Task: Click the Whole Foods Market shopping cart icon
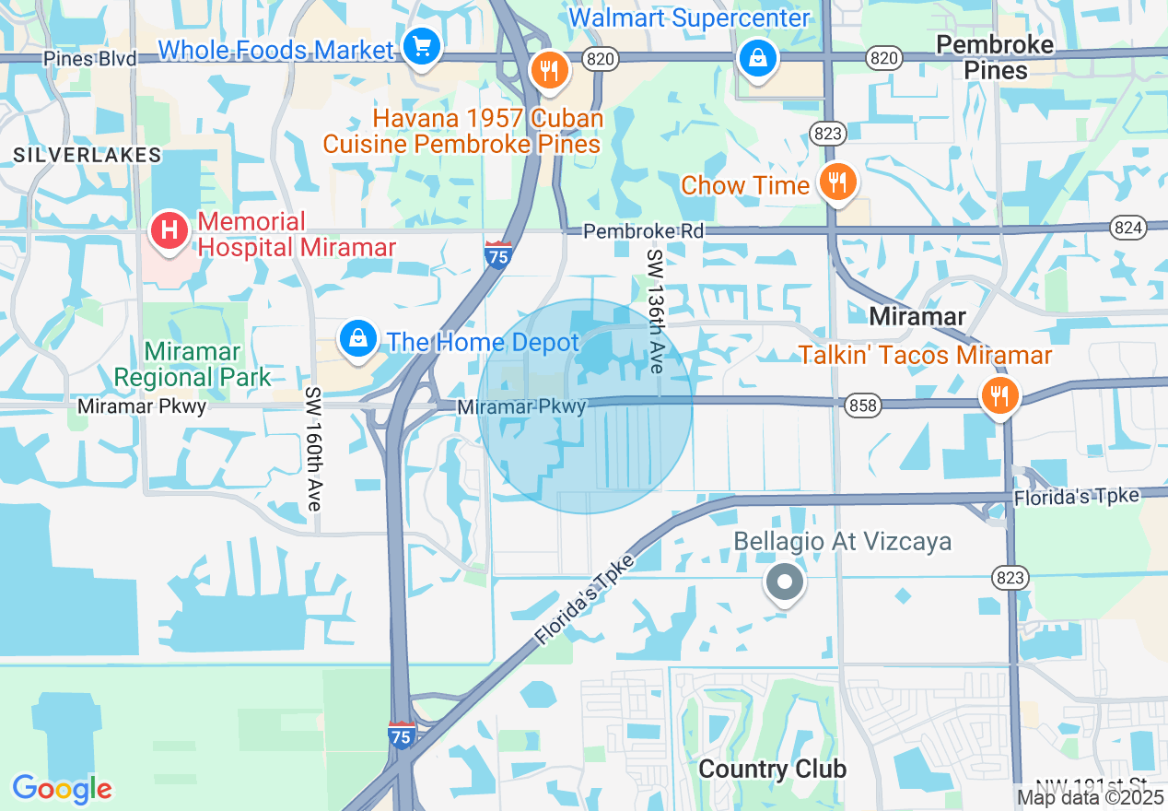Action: [x=422, y=46]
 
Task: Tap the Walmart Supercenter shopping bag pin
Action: [x=757, y=59]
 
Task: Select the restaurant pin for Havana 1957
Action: [x=549, y=70]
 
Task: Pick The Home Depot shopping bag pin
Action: [x=357, y=339]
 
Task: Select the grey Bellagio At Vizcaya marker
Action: [x=785, y=582]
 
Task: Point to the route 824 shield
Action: [x=1127, y=228]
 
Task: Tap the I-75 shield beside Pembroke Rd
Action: [x=497, y=253]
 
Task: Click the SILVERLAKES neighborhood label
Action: [x=88, y=155]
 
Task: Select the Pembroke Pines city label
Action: [x=994, y=57]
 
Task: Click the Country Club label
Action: [x=772, y=770]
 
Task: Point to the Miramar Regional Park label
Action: [x=193, y=364]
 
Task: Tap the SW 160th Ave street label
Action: [x=313, y=449]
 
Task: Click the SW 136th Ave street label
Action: [x=655, y=311]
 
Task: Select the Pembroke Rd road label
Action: [x=644, y=231]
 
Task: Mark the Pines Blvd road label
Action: [x=90, y=59]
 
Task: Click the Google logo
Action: [x=62, y=789]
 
